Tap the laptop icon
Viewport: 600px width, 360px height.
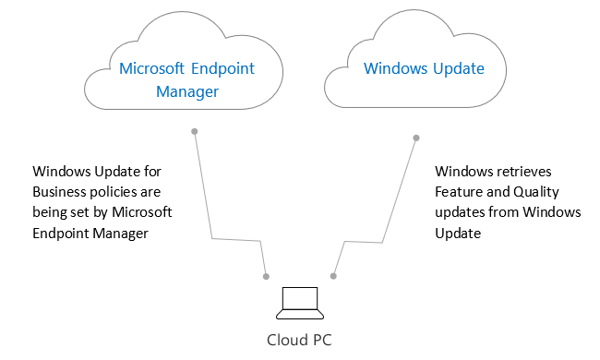coord(299,300)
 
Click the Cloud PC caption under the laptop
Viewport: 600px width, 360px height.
coord(299,339)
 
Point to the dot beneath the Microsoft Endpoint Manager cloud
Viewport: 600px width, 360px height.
coord(194,131)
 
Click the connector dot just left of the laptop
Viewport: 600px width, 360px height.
coord(266,276)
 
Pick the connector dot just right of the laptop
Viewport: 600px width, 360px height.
coord(333,276)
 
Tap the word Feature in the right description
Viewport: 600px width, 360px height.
coord(460,192)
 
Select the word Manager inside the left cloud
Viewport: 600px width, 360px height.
coord(187,91)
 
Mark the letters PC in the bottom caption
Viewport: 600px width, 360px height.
coord(319,339)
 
